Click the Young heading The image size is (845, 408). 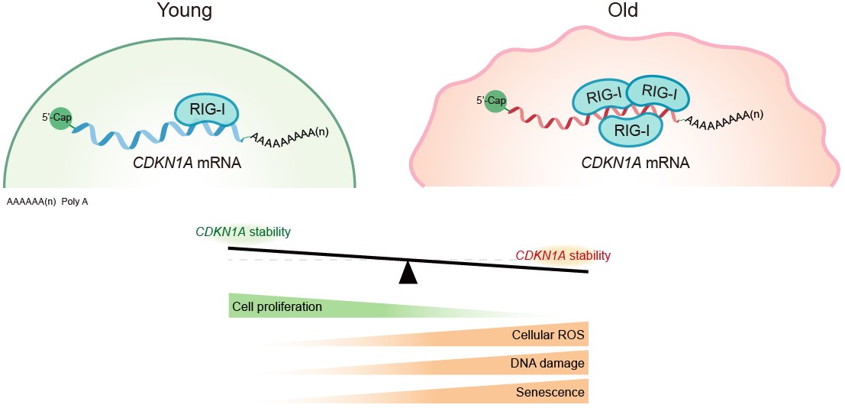click(x=184, y=11)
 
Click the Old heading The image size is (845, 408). click(x=623, y=11)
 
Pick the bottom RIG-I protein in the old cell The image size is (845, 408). click(x=631, y=129)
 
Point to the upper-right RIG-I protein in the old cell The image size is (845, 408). click(x=657, y=92)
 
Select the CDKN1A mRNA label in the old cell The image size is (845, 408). click(x=635, y=163)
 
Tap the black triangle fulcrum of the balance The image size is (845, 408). click(x=408, y=273)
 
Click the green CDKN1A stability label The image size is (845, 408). click(x=243, y=232)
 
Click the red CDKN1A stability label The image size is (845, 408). click(x=563, y=255)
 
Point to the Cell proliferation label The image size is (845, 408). click(x=277, y=307)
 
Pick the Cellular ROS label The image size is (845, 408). click(x=548, y=335)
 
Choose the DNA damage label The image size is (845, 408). click(x=547, y=364)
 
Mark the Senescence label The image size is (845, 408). click(x=550, y=393)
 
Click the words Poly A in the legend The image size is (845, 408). click(x=76, y=202)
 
